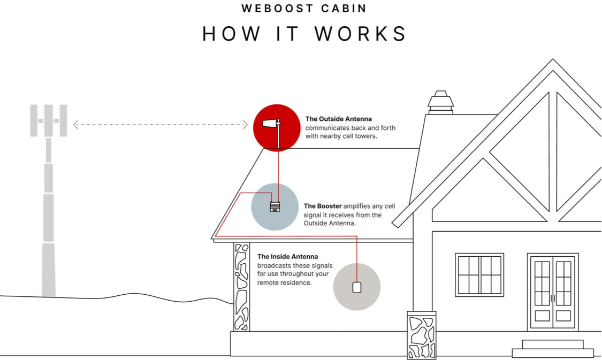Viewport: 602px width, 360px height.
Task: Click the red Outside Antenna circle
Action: pyautogui.click(x=276, y=127)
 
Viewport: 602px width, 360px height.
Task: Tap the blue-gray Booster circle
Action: pyautogui.click(x=275, y=206)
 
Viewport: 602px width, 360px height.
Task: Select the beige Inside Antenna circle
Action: pyautogui.click(x=356, y=287)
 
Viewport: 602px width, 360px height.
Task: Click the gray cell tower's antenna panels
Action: pyautogui.click(x=48, y=120)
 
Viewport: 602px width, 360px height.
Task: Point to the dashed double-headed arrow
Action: pyautogui.click(x=161, y=125)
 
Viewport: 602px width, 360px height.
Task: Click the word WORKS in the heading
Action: pyautogui.click(x=361, y=34)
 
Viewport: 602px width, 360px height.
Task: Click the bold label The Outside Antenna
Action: pyautogui.click(x=338, y=119)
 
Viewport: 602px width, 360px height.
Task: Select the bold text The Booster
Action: pyautogui.click(x=323, y=206)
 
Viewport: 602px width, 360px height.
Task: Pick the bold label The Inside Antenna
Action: pyautogui.click(x=287, y=257)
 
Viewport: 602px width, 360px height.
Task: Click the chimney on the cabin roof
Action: pyautogui.click(x=440, y=103)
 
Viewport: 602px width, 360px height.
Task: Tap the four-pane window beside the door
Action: pyautogui.click(x=479, y=274)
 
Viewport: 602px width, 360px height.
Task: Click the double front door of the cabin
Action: pyautogui.click(x=553, y=292)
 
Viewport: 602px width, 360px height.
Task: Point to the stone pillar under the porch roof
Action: pyautogui.click(x=242, y=287)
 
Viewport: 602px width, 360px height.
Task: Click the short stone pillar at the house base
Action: pyautogui.click(x=421, y=335)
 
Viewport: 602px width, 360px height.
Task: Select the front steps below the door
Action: pyautogui.click(x=553, y=348)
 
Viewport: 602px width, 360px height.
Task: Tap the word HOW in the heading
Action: pyautogui.click(x=232, y=34)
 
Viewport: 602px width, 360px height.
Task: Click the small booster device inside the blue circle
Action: pyautogui.click(x=275, y=206)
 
